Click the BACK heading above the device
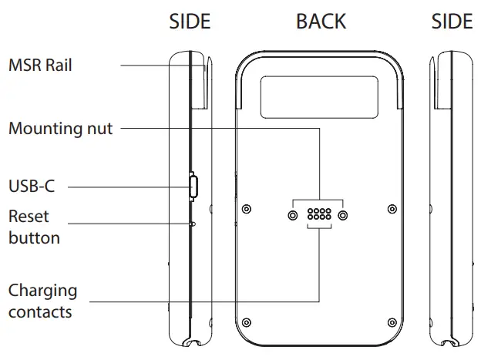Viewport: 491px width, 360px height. point(321,22)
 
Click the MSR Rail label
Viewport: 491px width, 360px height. point(40,66)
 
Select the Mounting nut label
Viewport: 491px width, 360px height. point(60,128)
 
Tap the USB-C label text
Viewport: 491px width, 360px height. point(32,186)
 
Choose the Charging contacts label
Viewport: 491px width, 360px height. point(42,301)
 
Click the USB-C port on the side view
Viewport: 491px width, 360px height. point(193,185)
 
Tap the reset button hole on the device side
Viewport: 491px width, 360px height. point(193,224)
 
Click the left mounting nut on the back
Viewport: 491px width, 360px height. point(294,214)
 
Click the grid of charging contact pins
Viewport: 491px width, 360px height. point(318,214)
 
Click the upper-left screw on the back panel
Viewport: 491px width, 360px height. point(245,208)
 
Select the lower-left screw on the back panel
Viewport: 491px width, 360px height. point(245,321)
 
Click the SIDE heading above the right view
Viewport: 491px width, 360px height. point(452,22)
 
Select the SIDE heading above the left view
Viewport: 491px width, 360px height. point(190,22)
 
